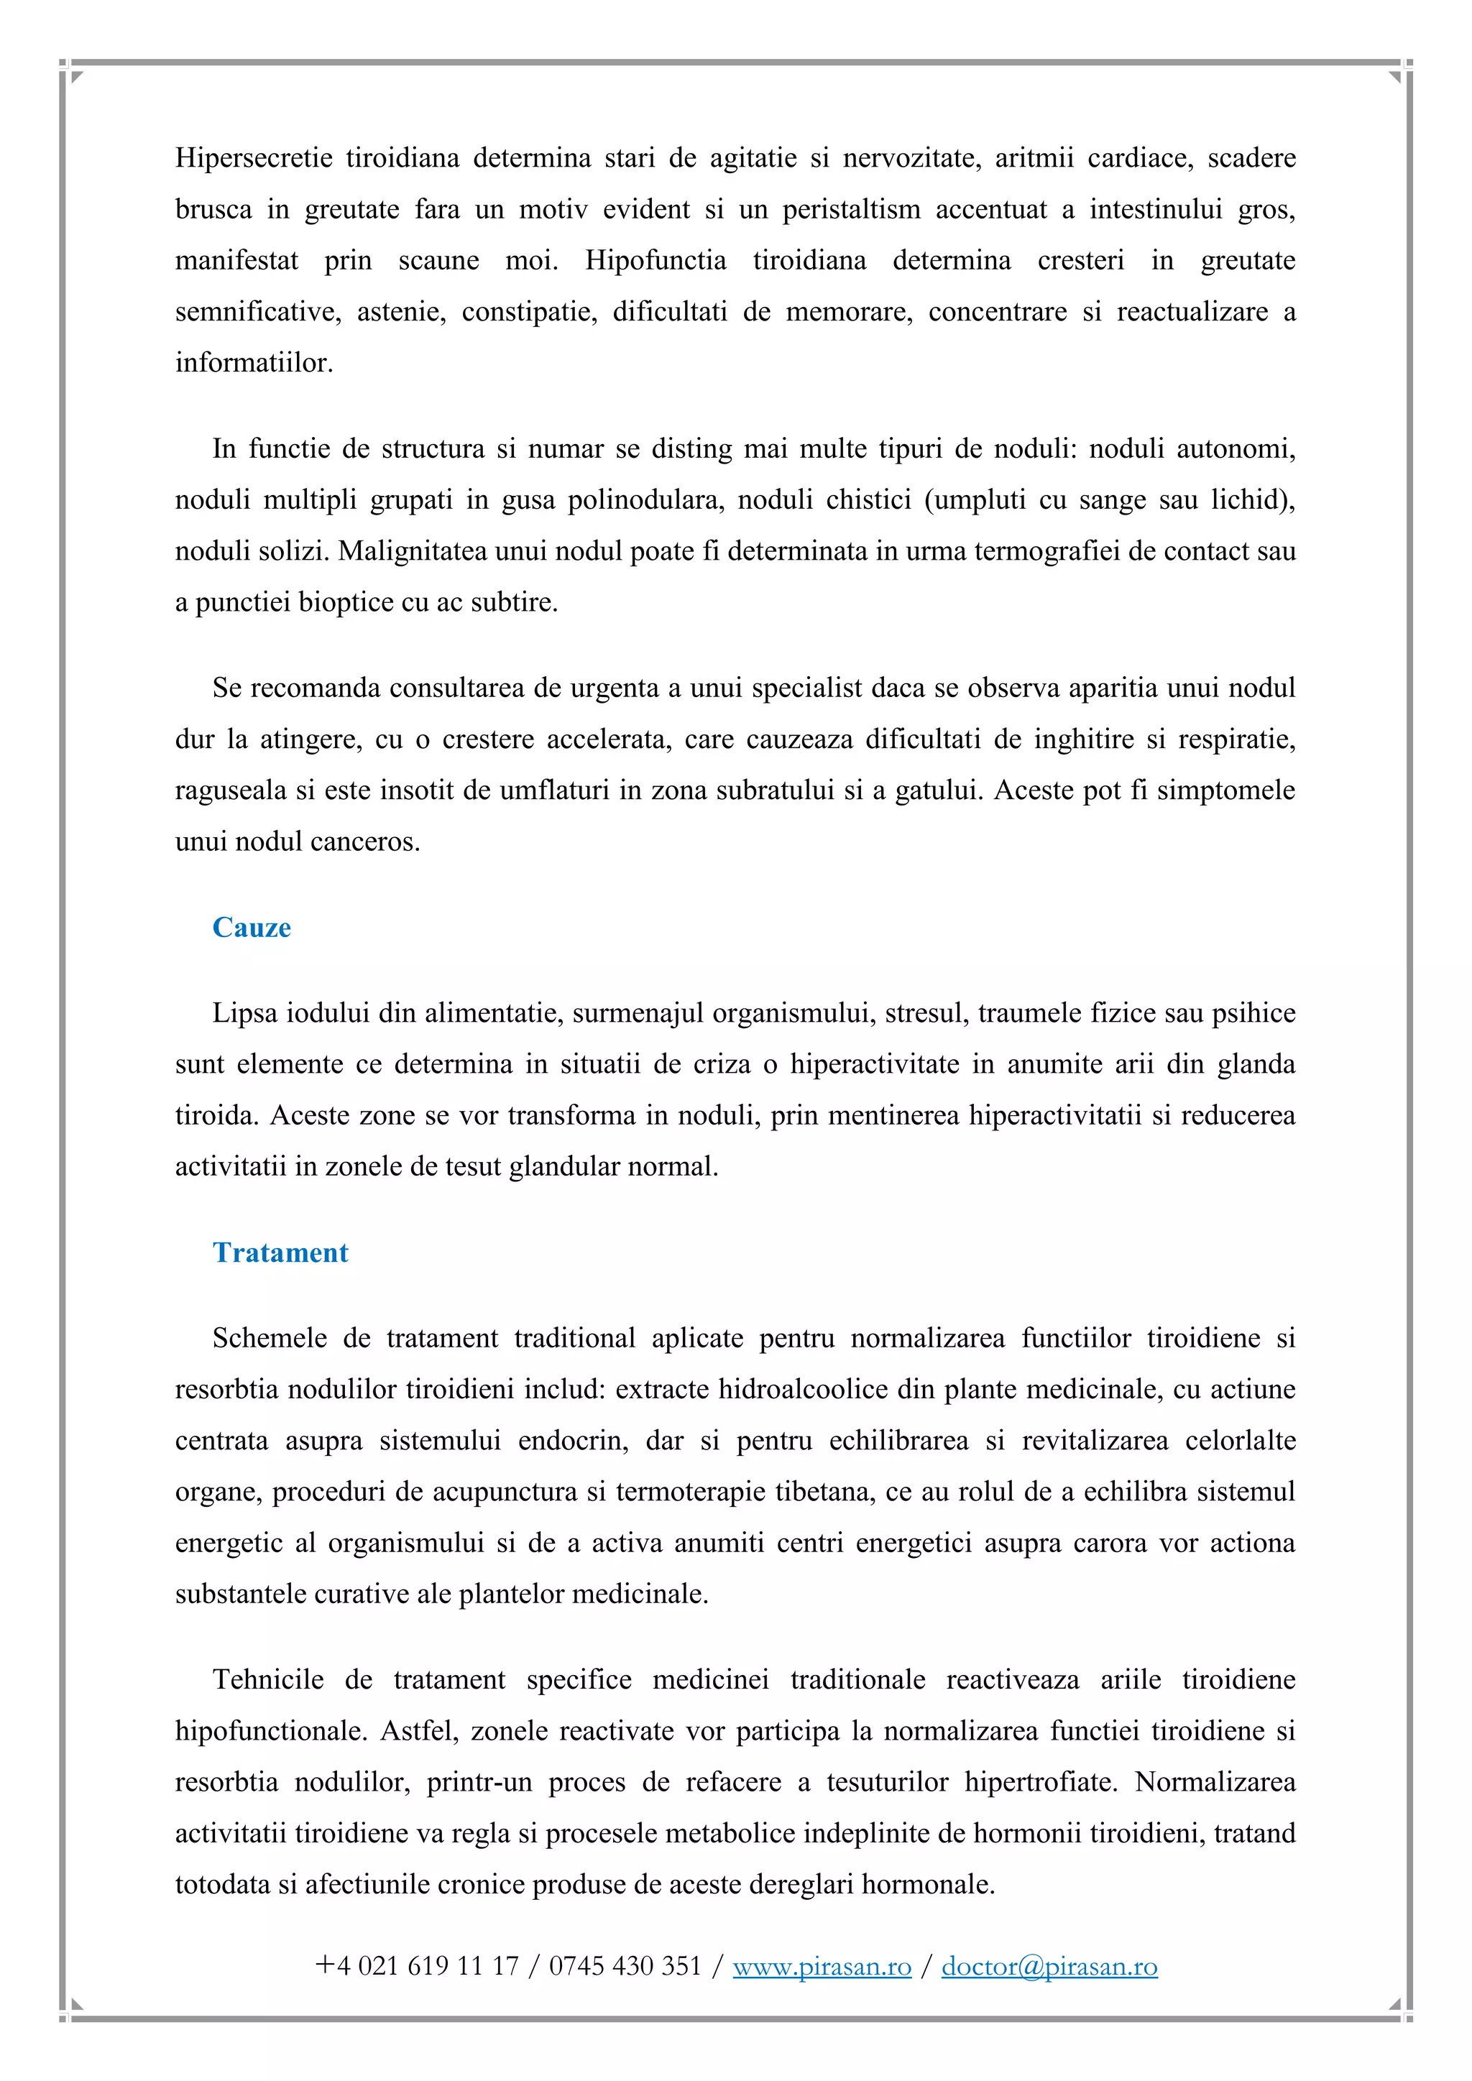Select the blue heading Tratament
(x=280, y=1252)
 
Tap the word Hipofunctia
(x=655, y=260)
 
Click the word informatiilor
(x=254, y=363)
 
